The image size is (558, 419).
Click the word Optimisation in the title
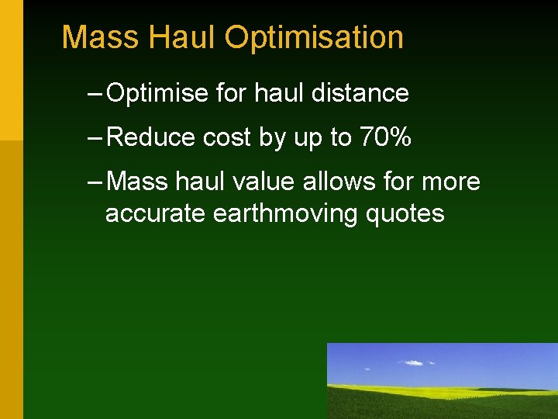(314, 38)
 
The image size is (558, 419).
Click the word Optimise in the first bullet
(157, 94)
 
